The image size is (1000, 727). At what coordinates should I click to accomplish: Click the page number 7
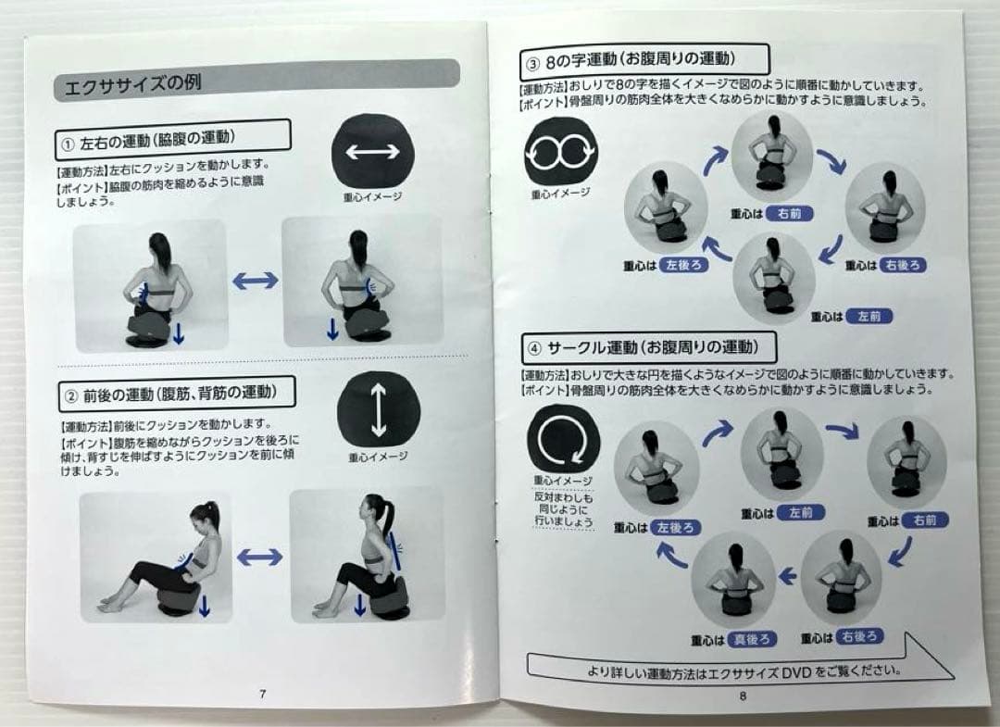pos(263,693)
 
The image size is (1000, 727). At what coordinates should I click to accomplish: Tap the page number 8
pos(743,697)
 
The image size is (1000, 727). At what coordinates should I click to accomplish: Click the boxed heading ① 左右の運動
pos(172,142)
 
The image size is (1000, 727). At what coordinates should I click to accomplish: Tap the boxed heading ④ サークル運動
pos(648,349)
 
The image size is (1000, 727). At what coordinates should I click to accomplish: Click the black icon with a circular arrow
pos(563,439)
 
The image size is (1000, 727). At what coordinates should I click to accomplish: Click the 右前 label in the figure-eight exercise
pos(789,213)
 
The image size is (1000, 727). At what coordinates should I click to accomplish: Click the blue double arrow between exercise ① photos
pos(255,281)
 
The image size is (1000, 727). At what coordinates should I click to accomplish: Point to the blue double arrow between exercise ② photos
pos(259,557)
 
